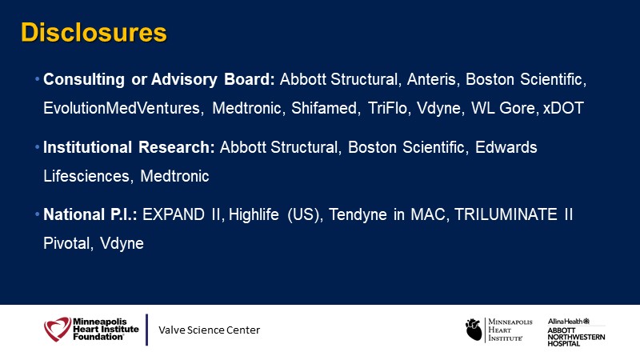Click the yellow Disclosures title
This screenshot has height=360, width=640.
point(94,32)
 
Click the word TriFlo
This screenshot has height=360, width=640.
point(389,108)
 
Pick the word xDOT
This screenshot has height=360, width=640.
point(563,108)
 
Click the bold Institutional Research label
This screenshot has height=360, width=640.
point(129,147)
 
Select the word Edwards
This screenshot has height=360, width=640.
point(506,147)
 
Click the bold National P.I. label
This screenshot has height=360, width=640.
point(90,214)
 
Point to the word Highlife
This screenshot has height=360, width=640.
point(254,214)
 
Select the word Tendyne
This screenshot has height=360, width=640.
point(358,214)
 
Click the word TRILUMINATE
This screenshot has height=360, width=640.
point(506,214)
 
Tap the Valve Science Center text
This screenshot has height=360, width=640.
point(209,330)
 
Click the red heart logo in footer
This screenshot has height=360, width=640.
point(58,329)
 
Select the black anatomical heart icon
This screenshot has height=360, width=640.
point(474,330)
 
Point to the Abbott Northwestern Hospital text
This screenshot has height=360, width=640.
point(576,337)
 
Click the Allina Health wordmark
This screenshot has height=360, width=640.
point(569,322)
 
